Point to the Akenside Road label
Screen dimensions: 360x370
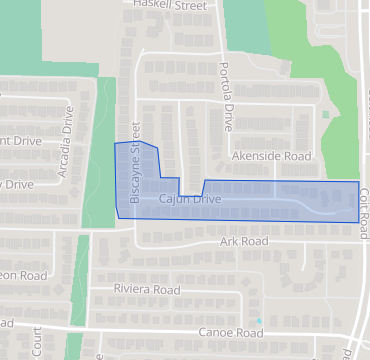[x=271, y=157]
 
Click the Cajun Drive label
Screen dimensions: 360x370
[x=190, y=201]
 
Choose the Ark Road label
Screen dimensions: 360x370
[x=244, y=242]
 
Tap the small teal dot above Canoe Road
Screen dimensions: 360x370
[x=259, y=321]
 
